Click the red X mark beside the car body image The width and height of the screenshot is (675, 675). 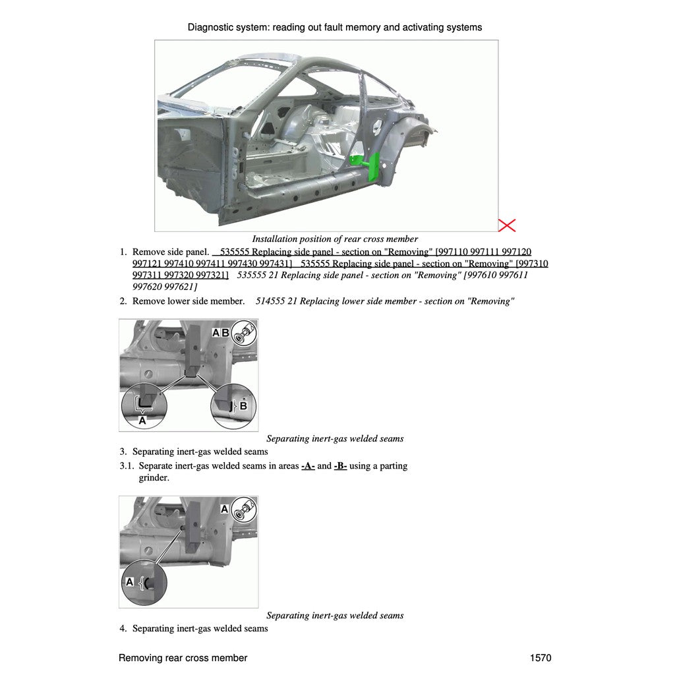click(x=506, y=225)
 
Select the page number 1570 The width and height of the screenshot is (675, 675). click(x=541, y=658)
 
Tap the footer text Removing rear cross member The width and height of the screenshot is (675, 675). click(x=183, y=658)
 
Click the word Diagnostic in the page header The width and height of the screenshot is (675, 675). click(x=211, y=27)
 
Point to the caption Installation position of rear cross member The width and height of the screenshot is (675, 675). click(x=335, y=239)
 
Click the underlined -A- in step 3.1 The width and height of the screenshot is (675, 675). click(x=308, y=466)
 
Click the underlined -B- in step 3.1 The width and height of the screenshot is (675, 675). click(x=340, y=466)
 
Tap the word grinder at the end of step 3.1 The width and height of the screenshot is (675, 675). click(x=154, y=478)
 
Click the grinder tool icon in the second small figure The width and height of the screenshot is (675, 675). click(x=245, y=509)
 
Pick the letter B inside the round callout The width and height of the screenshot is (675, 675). click(x=243, y=406)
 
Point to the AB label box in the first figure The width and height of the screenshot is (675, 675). click(x=221, y=333)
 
